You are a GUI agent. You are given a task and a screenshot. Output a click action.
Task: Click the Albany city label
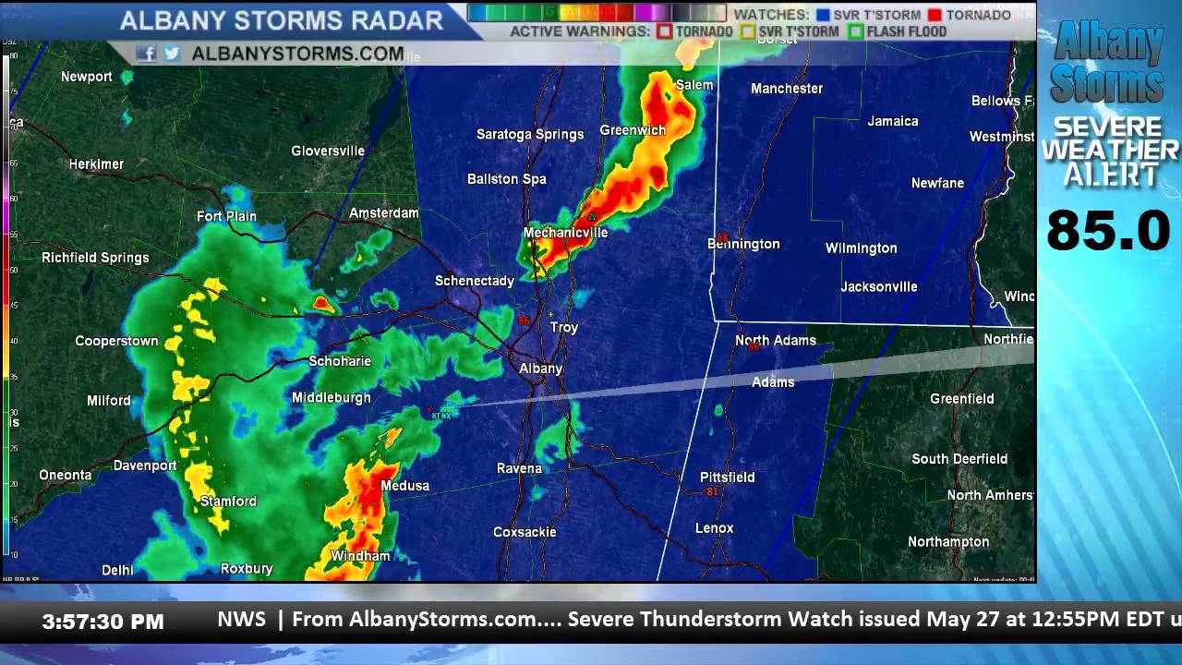pyautogui.click(x=540, y=369)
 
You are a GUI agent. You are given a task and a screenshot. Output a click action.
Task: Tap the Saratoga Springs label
pyautogui.click(x=530, y=135)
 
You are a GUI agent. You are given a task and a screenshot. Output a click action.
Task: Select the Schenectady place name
pyautogui.click(x=475, y=281)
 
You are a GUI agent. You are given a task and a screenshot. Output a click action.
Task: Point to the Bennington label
pyautogui.click(x=743, y=245)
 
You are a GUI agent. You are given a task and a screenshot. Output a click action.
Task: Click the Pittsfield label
pyautogui.click(x=728, y=478)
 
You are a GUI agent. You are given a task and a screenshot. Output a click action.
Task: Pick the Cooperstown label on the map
pyautogui.click(x=116, y=342)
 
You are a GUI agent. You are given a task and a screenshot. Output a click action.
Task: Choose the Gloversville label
pyautogui.click(x=328, y=151)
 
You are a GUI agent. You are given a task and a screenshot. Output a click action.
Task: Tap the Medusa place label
pyautogui.click(x=404, y=486)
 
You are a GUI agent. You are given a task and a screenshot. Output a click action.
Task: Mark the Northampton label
pyautogui.click(x=948, y=542)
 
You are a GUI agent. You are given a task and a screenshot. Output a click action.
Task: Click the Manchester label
pyautogui.click(x=787, y=89)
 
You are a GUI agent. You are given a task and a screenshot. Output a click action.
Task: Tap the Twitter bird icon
pyautogui.click(x=172, y=54)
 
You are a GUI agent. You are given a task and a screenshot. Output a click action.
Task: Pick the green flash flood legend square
pyautogui.click(x=856, y=31)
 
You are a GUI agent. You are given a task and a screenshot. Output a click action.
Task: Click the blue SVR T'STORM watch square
pyautogui.click(x=823, y=15)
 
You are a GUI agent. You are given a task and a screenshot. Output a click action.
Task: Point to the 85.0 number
pyautogui.click(x=1108, y=231)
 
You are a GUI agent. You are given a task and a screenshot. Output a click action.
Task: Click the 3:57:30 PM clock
pyautogui.click(x=103, y=623)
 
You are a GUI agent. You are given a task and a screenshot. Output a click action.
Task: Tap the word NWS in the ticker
pyautogui.click(x=241, y=620)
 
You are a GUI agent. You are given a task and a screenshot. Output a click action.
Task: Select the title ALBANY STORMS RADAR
pyautogui.click(x=282, y=20)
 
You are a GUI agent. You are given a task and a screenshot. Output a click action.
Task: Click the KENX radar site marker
pyautogui.click(x=430, y=410)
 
